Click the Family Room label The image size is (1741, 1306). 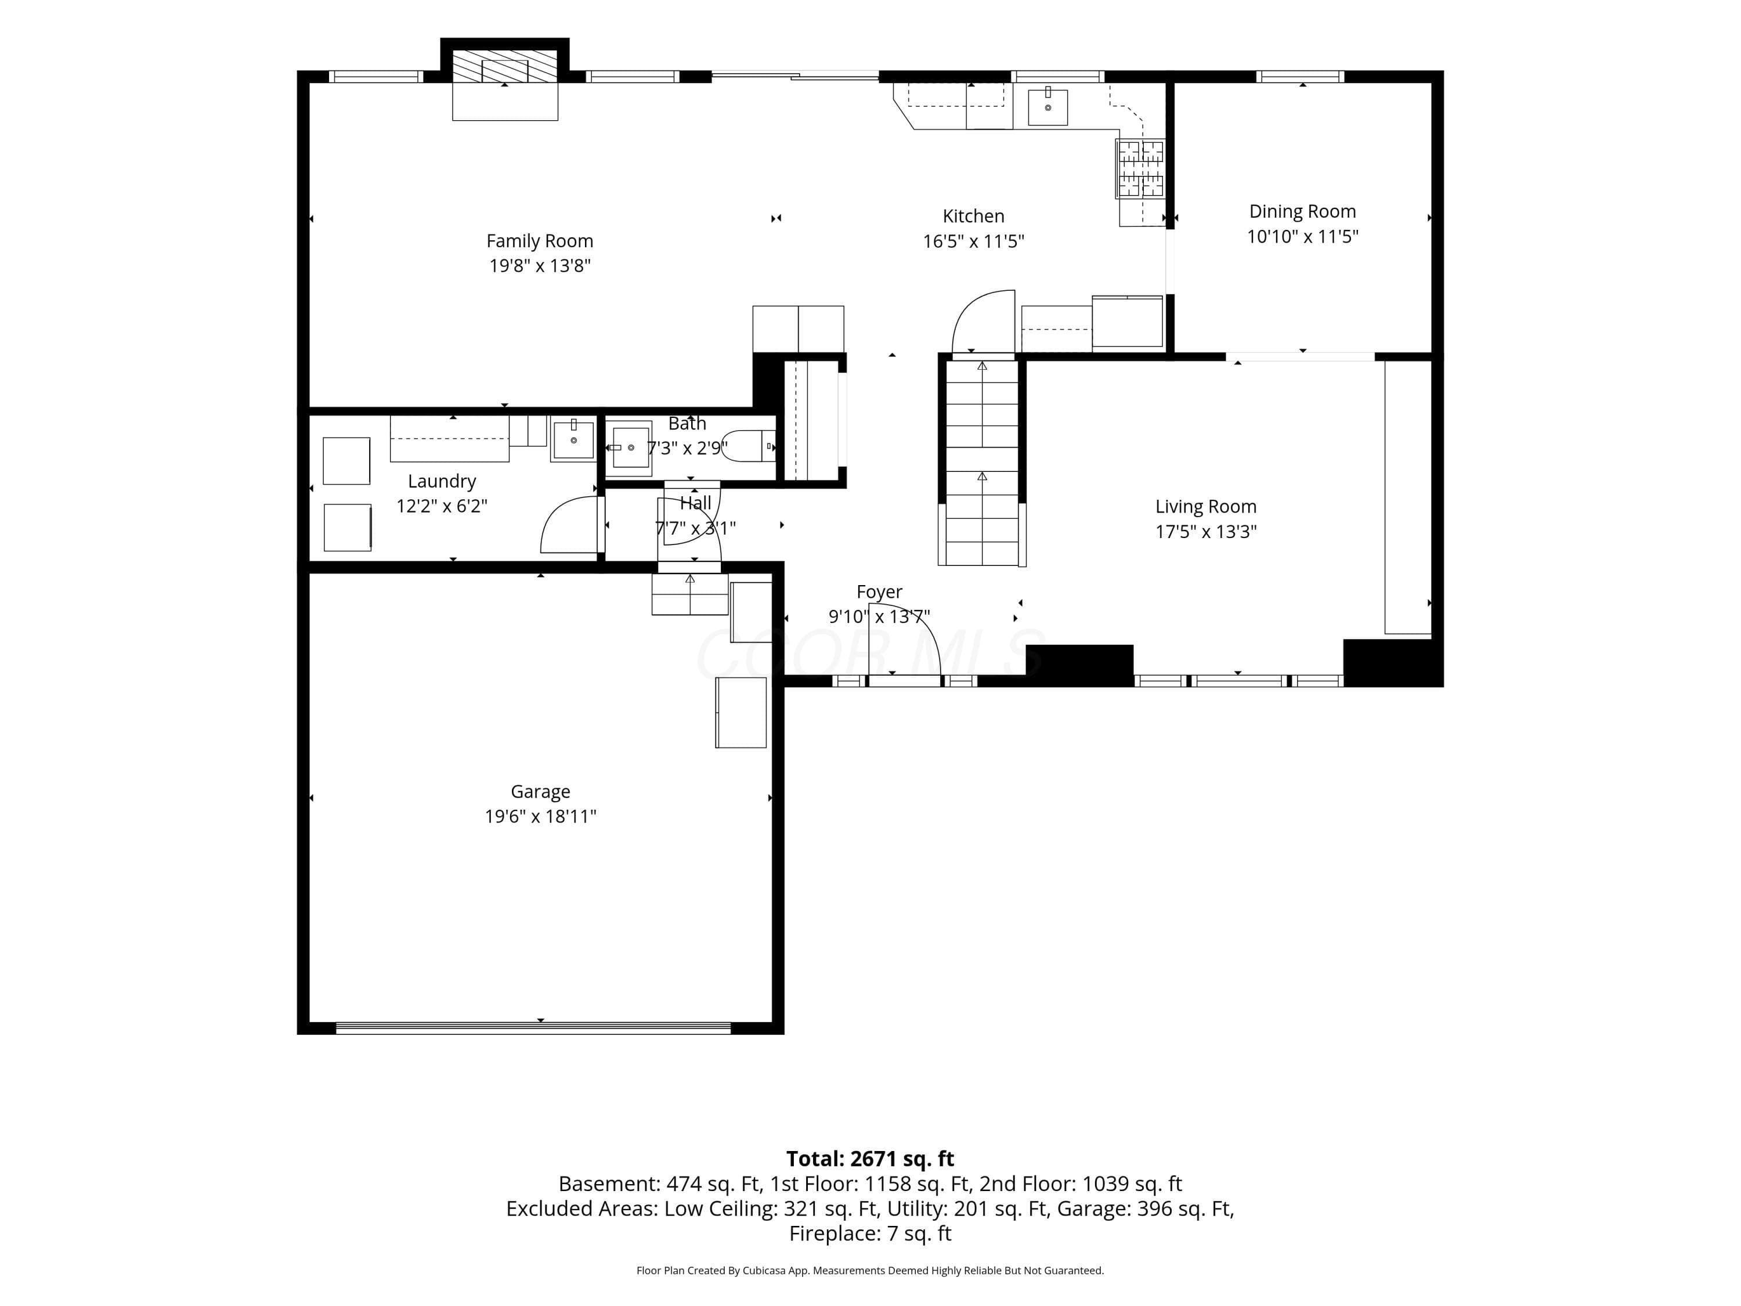539,241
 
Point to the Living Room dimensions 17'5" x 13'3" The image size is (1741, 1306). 1206,531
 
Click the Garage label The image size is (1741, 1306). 540,792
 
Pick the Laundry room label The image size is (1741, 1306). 442,482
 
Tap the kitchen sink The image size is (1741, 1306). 1048,107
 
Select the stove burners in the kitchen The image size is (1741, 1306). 1140,168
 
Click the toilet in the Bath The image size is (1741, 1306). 749,446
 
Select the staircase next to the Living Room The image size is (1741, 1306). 981,462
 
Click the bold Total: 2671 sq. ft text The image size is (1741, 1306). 870,1159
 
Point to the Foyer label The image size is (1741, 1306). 879,592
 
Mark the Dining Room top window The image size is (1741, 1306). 1301,77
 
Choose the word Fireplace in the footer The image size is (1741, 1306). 835,1233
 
